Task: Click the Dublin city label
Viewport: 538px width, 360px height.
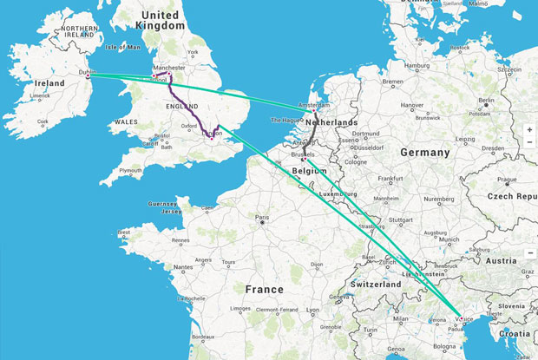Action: pos(88,72)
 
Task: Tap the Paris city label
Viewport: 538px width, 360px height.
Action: pos(261,217)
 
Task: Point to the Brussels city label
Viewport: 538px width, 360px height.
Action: pos(303,154)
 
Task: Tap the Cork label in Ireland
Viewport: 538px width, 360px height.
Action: pos(43,122)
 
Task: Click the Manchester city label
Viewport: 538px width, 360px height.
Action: pos(168,67)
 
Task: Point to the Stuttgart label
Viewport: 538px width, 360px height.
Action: pos(400,220)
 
